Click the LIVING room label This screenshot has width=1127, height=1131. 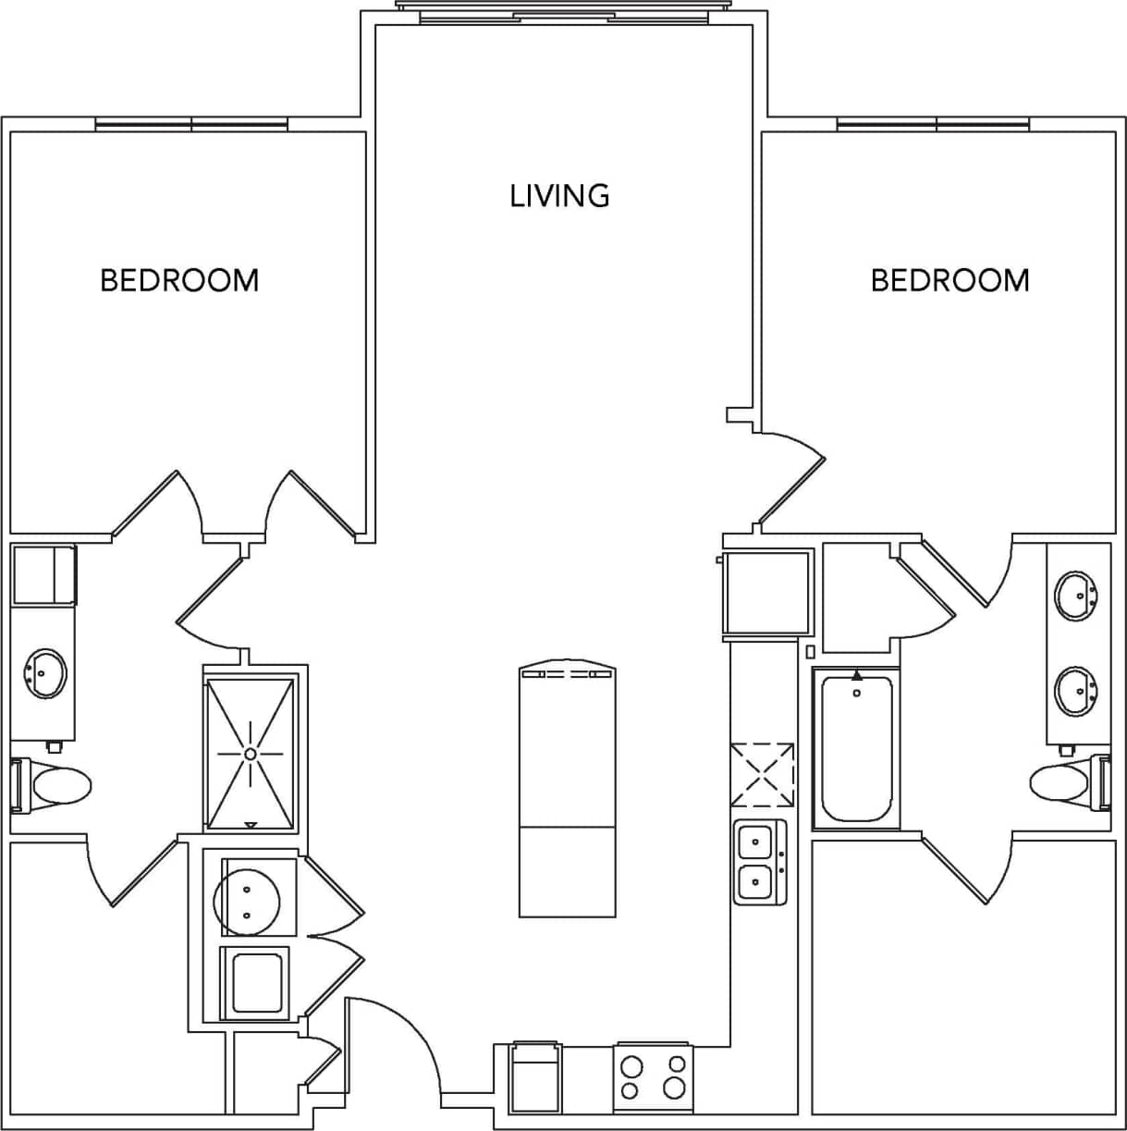click(559, 195)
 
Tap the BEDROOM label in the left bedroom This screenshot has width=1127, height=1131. click(179, 280)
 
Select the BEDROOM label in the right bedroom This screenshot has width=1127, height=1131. click(949, 280)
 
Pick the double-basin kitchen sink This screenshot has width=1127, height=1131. click(759, 861)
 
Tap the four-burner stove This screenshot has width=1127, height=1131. click(654, 1077)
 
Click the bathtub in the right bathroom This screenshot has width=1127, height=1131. click(857, 748)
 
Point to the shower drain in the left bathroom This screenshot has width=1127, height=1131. click(250, 754)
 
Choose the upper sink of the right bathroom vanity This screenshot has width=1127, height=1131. click(1077, 596)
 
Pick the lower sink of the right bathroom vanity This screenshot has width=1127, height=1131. click(1077, 691)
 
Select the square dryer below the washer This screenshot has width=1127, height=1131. click(256, 982)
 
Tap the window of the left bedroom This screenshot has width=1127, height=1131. click(191, 124)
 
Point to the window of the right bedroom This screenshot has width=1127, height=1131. click(933, 124)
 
